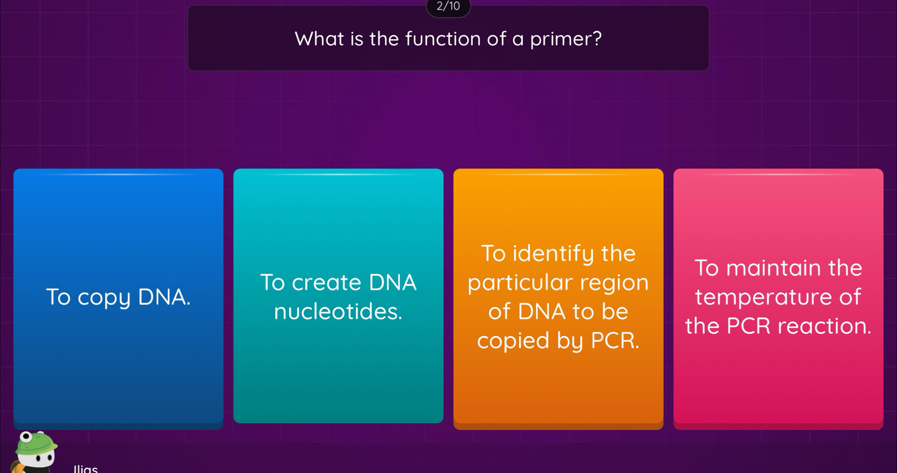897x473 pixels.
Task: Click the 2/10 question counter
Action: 448,7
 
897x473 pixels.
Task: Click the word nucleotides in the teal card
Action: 338,312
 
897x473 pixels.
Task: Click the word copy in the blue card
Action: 104,298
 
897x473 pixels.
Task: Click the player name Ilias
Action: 86,468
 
